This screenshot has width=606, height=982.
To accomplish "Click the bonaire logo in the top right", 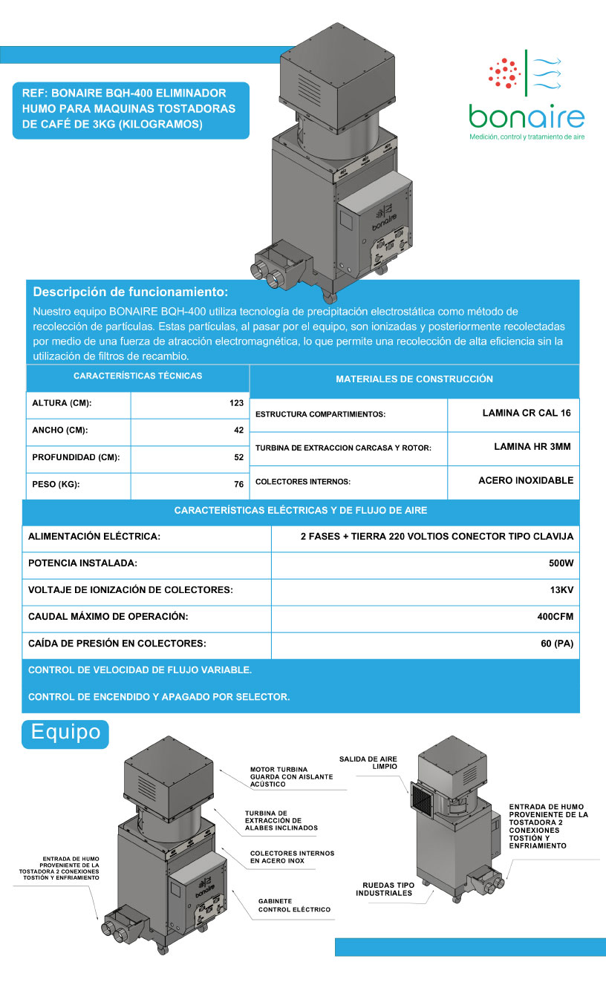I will point(526,96).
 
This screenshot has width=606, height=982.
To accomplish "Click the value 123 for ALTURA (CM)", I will point(236,403).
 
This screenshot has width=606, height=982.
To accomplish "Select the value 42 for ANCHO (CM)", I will point(238,430).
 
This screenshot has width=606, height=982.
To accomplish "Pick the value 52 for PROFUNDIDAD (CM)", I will point(238,457).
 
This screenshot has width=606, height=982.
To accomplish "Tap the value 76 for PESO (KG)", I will point(238,485).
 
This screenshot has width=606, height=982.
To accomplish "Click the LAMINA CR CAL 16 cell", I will point(526,413).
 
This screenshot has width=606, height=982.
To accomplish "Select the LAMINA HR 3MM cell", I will point(532,447).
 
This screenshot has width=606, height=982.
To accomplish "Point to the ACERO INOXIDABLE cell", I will point(526,480).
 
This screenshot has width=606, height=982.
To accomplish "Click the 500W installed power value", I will point(561,563).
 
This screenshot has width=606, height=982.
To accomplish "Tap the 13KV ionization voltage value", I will point(561,590).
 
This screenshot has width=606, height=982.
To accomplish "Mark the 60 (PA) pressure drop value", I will point(557,643).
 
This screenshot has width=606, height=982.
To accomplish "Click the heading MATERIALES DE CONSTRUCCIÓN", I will point(414,379).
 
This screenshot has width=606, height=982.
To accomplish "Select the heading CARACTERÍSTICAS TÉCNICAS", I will point(138,376).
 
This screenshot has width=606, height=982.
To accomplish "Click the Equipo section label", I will point(66,732).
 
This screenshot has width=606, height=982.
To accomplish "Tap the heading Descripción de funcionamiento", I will point(131,292).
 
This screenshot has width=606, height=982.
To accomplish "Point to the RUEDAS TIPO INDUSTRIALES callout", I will point(388,888).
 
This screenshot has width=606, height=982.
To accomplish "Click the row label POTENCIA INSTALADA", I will point(82,563).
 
